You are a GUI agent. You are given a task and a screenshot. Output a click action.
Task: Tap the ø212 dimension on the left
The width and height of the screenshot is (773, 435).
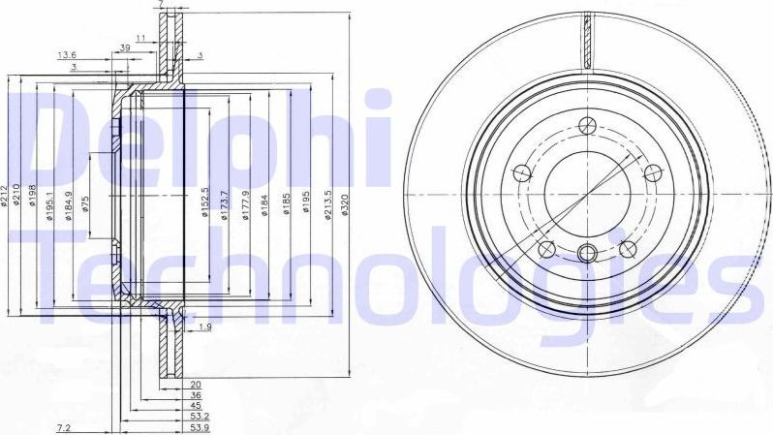(6, 197)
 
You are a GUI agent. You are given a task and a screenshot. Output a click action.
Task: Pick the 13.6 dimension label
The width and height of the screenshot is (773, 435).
(67, 54)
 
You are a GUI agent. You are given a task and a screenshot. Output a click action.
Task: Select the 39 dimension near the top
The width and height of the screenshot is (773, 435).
(125, 48)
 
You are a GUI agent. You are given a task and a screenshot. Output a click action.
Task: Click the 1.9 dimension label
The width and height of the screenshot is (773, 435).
(204, 327)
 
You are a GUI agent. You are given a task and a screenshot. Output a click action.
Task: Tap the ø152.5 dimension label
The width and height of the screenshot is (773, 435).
(205, 202)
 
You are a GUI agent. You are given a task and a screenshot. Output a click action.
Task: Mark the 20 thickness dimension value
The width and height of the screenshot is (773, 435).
(195, 385)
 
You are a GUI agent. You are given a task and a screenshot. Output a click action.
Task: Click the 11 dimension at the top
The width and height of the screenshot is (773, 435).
(141, 38)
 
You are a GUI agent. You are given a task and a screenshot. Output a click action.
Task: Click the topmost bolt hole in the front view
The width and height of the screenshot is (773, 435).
(585, 125)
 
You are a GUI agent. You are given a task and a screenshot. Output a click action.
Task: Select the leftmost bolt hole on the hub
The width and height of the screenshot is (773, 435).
(521, 173)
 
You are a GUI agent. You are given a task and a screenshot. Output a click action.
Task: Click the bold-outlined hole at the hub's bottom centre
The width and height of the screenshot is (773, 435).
(585, 254)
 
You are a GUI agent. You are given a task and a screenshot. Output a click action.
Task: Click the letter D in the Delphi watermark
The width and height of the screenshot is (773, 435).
(44, 140)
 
